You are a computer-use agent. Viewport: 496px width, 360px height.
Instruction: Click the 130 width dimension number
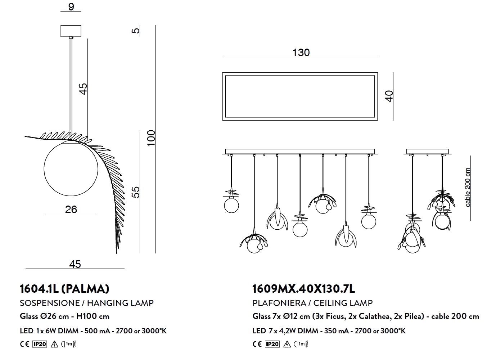[x=301, y=53]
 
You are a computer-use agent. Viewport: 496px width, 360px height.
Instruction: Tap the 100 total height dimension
[x=152, y=138]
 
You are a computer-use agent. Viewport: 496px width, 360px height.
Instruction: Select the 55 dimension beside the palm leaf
[x=136, y=192]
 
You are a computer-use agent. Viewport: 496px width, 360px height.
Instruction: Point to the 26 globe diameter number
[x=71, y=209]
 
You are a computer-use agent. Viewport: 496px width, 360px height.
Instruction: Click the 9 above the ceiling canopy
[x=71, y=6]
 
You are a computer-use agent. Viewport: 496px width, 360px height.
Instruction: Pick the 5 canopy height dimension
[x=136, y=30]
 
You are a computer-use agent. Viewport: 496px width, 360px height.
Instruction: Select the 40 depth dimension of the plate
[x=389, y=96]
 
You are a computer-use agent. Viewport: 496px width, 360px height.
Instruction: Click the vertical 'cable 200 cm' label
[x=468, y=188]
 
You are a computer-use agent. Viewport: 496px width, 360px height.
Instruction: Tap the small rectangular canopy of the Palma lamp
[x=71, y=31]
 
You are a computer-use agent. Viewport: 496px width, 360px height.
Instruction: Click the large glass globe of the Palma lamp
[x=71, y=169]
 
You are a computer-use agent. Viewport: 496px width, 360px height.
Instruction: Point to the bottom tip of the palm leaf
[x=117, y=253]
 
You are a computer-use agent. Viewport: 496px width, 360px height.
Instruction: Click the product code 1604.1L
[x=39, y=289]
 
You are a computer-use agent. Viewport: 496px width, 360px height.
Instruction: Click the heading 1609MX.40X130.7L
[x=303, y=289]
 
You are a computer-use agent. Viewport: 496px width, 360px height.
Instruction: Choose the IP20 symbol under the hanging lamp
[x=40, y=344]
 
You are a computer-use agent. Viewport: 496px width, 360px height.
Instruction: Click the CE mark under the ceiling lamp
[x=257, y=344]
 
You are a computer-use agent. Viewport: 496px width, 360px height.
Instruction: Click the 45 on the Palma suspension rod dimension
[x=83, y=89]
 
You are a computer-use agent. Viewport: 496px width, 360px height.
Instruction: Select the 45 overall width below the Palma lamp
[x=75, y=264]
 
